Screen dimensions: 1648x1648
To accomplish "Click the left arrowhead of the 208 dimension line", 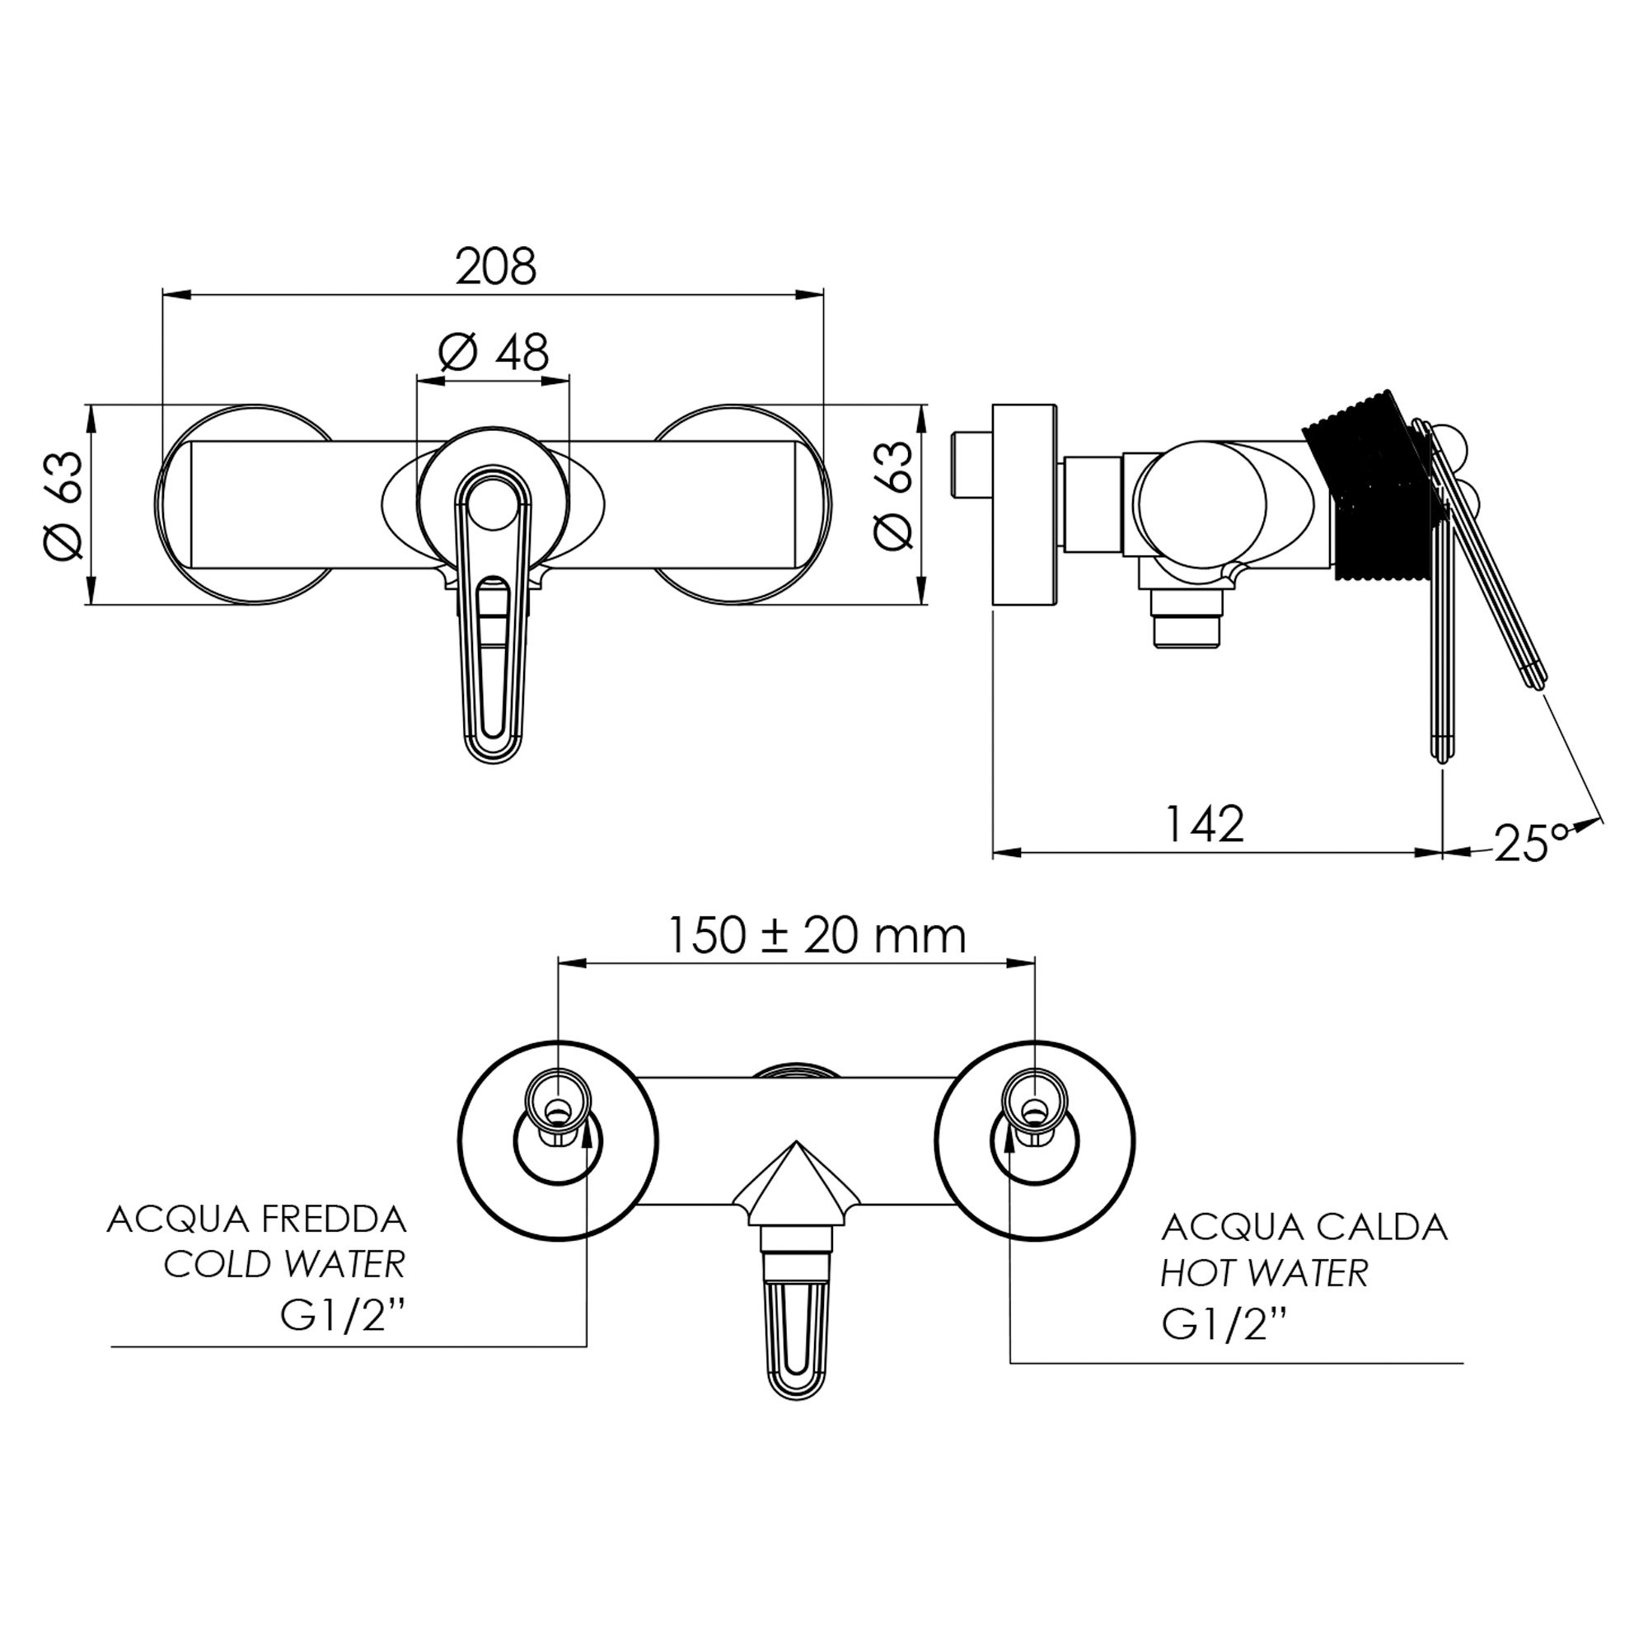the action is (x=175, y=295).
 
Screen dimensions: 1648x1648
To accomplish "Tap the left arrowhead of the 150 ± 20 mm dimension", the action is (x=572, y=964).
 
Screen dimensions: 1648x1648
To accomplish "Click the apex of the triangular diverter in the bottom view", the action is (x=795, y=1141).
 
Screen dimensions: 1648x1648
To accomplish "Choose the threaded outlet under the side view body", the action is (x=1187, y=620).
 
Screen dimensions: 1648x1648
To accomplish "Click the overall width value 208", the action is (x=495, y=267).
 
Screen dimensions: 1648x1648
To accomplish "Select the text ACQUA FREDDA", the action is (x=257, y=1220).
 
